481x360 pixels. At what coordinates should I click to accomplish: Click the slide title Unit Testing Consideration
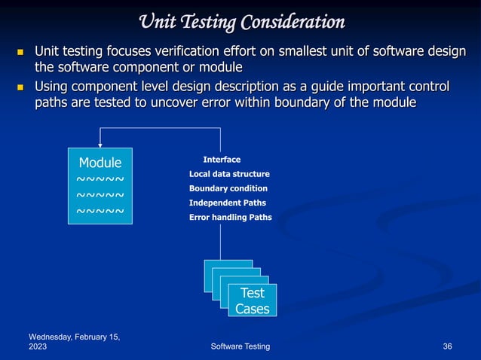click(240, 22)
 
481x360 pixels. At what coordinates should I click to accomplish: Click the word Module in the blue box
click(100, 162)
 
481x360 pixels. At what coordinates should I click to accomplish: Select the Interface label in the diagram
click(222, 160)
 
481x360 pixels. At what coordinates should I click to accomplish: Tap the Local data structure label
click(229, 174)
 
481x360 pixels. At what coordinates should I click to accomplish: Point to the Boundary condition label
click(228, 188)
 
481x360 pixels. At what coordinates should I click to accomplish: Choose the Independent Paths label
click(227, 203)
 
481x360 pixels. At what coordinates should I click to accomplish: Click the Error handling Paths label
click(230, 217)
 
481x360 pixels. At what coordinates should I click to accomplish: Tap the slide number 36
click(447, 346)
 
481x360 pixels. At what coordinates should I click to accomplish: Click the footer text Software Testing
click(240, 346)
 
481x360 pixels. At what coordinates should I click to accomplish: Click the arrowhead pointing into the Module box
click(100, 144)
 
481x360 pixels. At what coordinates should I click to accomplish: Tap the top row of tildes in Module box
click(100, 179)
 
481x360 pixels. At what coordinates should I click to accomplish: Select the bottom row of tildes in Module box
click(100, 212)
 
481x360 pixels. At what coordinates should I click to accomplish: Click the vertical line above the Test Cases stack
click(221, 241)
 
